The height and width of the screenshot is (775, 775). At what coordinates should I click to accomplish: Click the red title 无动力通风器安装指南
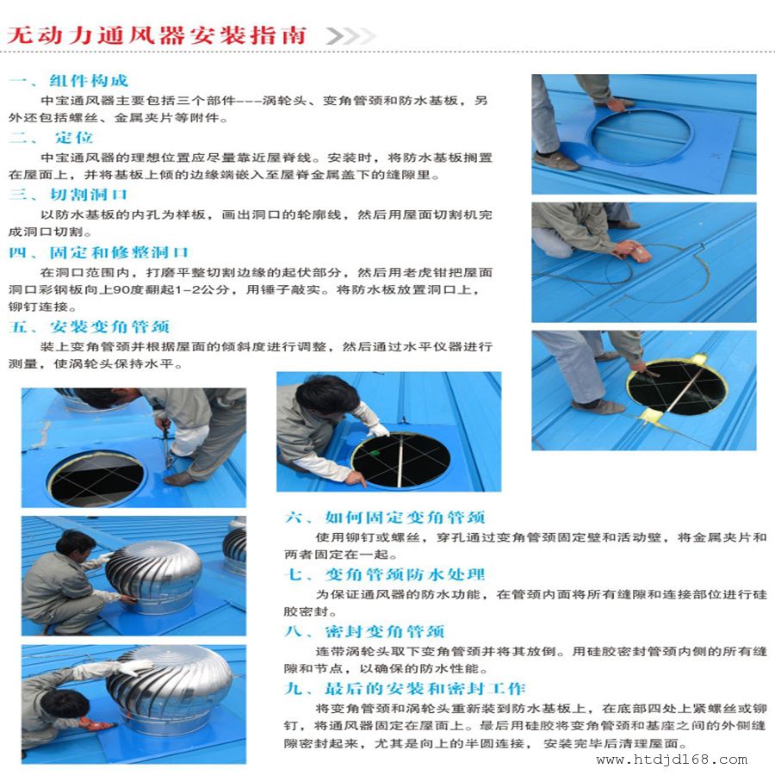coord(157,35)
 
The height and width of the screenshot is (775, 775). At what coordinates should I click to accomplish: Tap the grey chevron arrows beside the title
coord(350,36)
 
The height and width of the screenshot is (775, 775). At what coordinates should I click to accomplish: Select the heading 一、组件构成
coord(68,81)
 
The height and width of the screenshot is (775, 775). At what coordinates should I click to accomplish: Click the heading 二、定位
coord(51,138)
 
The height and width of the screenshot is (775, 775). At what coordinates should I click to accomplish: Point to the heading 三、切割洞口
coord(68,195)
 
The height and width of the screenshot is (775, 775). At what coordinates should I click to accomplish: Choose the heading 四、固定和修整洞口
coord(99,252)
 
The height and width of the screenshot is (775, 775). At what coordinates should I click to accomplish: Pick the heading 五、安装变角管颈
coord(90,326)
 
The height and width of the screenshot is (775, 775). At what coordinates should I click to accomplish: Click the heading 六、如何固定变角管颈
coord(385,517)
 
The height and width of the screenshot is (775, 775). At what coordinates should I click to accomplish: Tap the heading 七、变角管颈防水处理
coord(385,574)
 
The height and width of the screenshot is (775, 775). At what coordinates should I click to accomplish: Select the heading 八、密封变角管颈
coord(365,631)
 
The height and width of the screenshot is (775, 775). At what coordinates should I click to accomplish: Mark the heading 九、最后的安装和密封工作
coord(405,688)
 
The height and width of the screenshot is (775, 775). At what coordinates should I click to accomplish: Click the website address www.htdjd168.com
coord(672,759)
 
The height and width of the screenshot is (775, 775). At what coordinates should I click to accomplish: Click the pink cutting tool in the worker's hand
coord(641,253)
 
